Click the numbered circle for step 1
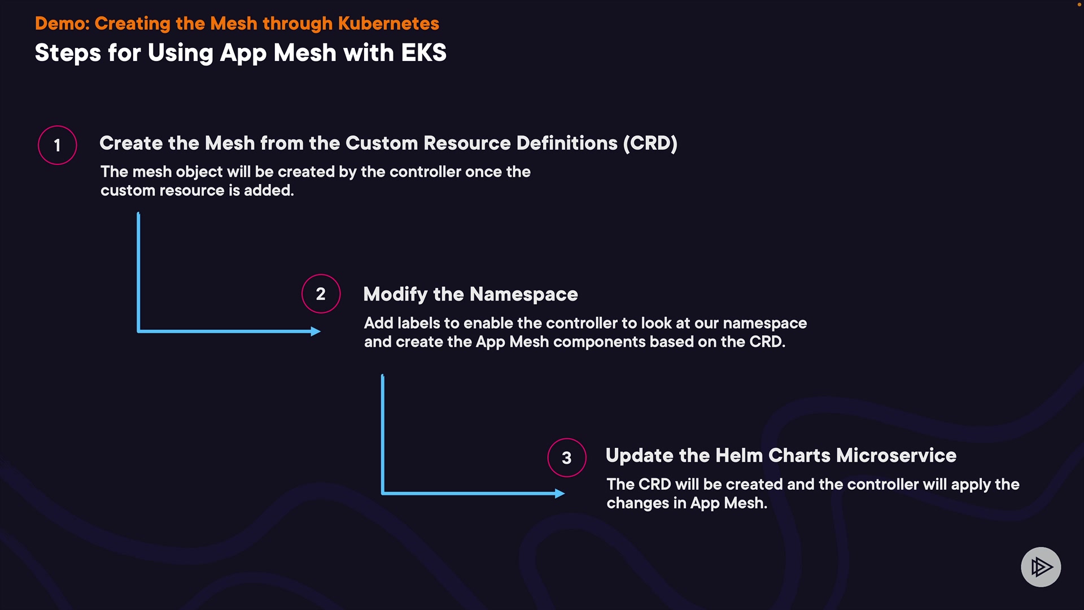(57, 145)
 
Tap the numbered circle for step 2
(321, 294)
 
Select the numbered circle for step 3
(566, 457)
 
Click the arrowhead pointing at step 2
(316, 332)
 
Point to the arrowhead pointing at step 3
(560, 494)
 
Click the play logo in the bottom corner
(1041, 567)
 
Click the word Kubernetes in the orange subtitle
(388, 24)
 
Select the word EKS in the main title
(423, 53)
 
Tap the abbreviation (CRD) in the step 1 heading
(650, 143)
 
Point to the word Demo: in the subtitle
(62, 24)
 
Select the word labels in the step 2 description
(418, 323)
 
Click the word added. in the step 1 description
(269, 191)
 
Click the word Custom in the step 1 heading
(382, 143)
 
